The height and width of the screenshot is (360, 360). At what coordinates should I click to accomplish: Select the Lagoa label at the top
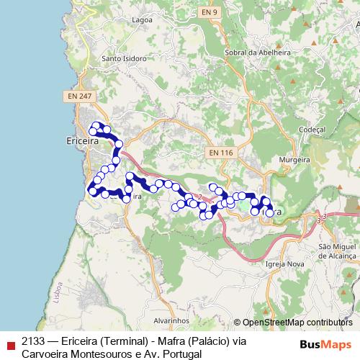pos(142,20)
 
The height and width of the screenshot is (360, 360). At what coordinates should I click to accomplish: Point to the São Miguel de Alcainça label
pos(338,251)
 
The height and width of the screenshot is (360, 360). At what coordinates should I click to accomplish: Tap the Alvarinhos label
pos(171,318)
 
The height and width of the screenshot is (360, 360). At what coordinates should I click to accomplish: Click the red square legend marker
pos(10,343)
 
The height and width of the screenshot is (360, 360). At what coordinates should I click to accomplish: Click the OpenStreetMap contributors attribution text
pos(297,323)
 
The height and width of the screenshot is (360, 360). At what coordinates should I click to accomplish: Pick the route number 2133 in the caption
pos(33,341)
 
